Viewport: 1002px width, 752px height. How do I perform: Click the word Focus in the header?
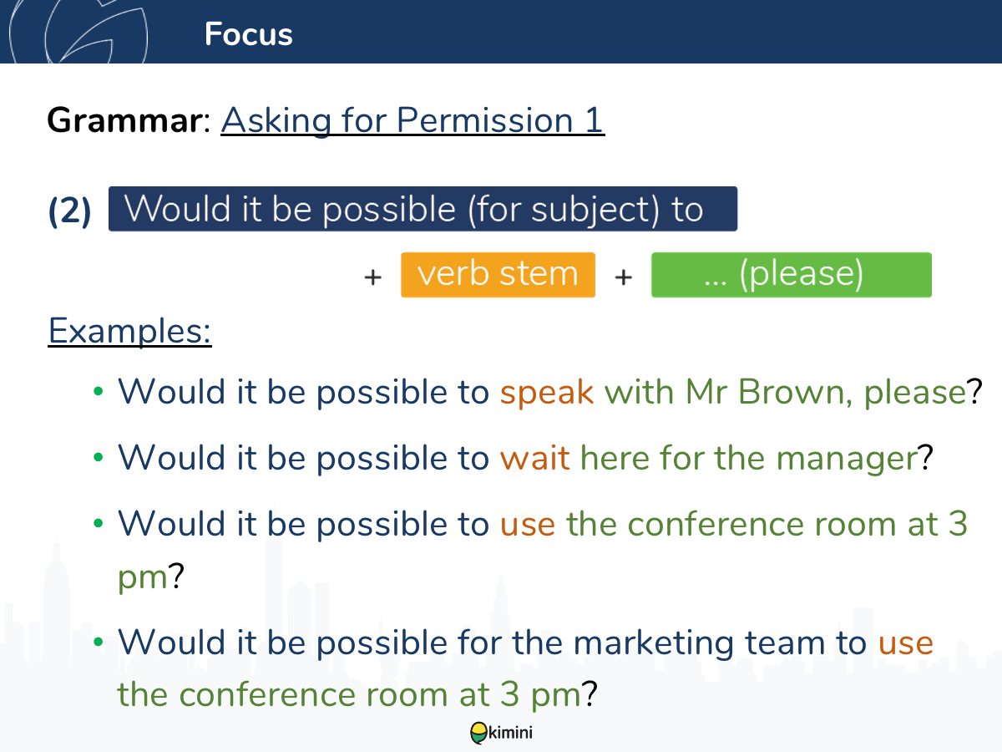click(248, 34)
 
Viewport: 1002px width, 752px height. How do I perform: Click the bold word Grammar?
click(124, 120)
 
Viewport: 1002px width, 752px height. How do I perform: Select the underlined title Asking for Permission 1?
click(412, 120)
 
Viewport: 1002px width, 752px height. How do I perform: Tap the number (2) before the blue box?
click(70, 211)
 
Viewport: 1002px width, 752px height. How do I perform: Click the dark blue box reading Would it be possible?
click(423, 209)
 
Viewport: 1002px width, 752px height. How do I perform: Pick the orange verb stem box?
click(498, 275)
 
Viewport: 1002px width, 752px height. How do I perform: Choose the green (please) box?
click(791, 275)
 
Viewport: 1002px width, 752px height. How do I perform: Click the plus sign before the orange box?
click(373, 277)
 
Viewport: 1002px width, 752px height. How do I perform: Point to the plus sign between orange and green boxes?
click(624, 277)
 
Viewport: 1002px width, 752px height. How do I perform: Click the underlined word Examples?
click(129, 331)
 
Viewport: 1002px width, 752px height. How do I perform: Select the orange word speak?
click(547, 392)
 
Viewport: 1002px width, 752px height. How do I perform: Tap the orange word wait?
click(534, 458)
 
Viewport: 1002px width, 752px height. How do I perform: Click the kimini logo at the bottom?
click(501, 733)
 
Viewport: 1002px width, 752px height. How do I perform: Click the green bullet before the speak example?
click(99, 391)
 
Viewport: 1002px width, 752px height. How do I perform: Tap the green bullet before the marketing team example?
click(99, 642)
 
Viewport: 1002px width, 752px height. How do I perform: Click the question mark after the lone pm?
click(176, 575)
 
